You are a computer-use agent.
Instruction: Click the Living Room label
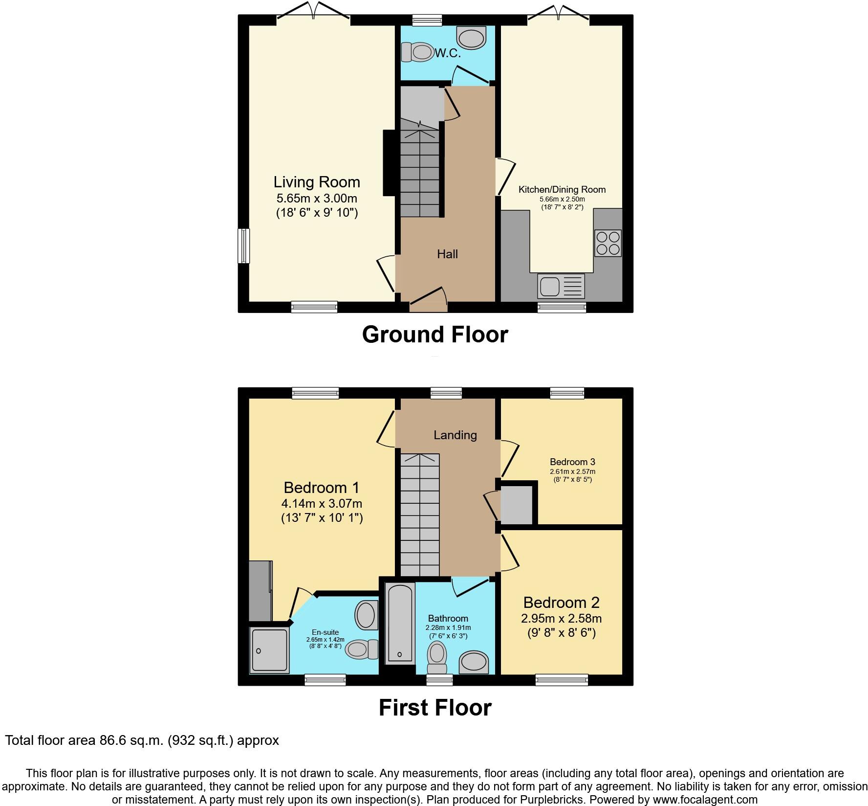tap(316, 182)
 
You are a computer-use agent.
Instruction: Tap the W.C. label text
tap(448, 54)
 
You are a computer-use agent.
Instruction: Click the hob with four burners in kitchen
tap(608, 243)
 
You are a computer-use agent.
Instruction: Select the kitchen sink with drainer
tap(561, 286)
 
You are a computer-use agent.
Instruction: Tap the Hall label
tap(447, 254)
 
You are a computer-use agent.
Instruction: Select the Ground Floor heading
tap(435, 335)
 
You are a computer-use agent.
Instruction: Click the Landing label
tap(455, 435)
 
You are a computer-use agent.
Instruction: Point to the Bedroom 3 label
tap(572, 462)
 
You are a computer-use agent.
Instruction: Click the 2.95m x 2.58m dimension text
tap(561, 618)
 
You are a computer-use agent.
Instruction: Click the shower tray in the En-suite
tap(269, 650)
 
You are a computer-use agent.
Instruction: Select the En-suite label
tap(325, 632)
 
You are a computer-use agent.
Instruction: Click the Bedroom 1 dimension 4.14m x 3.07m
tap(322, 503)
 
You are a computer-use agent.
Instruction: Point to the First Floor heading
tap(435, 708)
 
